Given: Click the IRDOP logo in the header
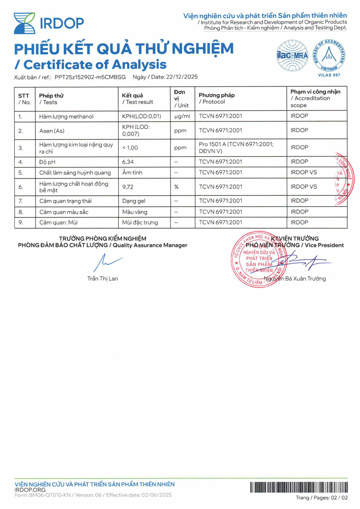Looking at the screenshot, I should coord(49,23).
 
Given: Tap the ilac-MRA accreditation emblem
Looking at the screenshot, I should coord(292,55).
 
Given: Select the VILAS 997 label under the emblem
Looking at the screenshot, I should coord(329,75).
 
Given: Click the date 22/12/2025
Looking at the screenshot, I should coord(182,77).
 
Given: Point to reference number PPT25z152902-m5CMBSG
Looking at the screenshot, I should coord(90,77).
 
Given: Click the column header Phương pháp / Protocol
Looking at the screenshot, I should coord(216,98).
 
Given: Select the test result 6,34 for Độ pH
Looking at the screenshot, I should coord(128,162).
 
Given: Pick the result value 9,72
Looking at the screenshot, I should coord(128,187).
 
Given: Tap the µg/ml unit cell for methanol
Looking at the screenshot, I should coord(182,116).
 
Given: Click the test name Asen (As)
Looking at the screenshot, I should coord(52,131).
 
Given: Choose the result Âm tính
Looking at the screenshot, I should coord(132,173).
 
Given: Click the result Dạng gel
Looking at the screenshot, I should coord(134,201).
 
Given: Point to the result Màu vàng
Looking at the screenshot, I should coord(135,212).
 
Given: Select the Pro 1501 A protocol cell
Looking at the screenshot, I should coord(236,148).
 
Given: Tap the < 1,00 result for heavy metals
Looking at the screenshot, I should coord(130,148).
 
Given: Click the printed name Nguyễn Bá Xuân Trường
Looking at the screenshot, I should coord(294,279).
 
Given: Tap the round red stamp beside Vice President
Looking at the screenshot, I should coord(258,259).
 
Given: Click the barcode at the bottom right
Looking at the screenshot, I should coord(299,487).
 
